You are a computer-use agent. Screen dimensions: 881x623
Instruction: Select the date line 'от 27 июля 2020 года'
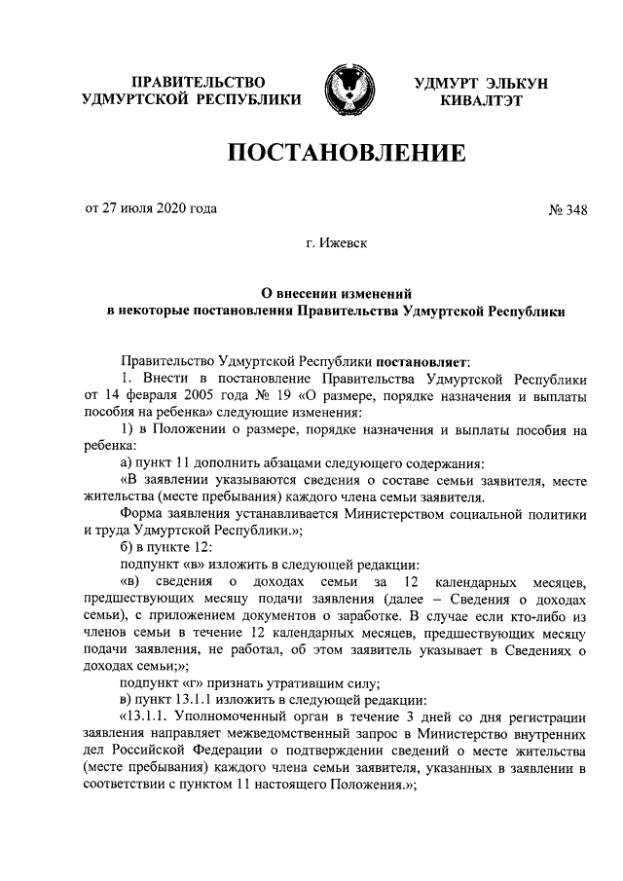[x=152, y=208]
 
